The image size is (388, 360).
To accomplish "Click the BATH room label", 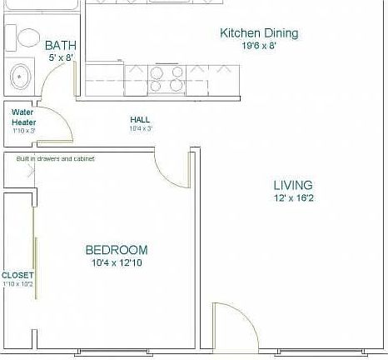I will click(61, 45).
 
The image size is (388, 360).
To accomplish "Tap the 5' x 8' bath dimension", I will click(62, 58).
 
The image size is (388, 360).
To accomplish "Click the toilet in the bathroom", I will click(26, 37).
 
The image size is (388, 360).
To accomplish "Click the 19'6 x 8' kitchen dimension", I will click(258, 47).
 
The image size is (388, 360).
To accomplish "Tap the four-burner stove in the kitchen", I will click(167, 78).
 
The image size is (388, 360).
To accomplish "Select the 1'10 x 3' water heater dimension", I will click(24, 131).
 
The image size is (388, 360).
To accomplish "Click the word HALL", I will click(140, 120).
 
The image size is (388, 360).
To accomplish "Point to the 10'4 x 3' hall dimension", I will click(140, 129).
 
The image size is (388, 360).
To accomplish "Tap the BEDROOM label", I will click(117, 250).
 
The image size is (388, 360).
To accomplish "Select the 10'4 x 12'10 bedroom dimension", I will click(117, 263).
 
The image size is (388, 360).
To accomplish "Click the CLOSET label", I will click(17, 275).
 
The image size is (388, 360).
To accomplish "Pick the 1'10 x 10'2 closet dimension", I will click(17, 285).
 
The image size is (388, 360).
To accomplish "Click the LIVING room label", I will click(293, 185).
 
